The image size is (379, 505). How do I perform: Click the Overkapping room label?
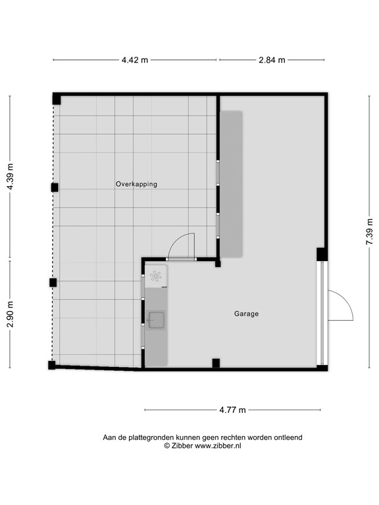136,184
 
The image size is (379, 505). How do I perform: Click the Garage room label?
246,314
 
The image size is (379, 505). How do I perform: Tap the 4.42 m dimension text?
134,60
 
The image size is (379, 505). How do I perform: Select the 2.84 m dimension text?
271,60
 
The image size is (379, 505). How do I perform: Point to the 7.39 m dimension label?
370,232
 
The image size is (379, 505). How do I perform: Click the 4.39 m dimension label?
9,177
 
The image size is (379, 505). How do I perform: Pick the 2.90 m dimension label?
9,314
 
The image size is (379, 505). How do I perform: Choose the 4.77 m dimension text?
232,410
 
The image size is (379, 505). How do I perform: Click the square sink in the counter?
156,320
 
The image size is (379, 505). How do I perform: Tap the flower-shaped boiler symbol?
156,277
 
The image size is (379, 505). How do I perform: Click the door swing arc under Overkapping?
181,247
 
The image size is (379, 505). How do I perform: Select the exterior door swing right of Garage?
340,306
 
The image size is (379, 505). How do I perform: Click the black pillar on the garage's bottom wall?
215,362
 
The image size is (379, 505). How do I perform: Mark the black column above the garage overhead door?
321,254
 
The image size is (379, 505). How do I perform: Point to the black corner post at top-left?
57,99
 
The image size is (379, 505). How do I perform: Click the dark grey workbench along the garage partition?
231,183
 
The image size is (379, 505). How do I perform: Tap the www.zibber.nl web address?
217,446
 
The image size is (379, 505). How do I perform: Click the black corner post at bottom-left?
52,365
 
